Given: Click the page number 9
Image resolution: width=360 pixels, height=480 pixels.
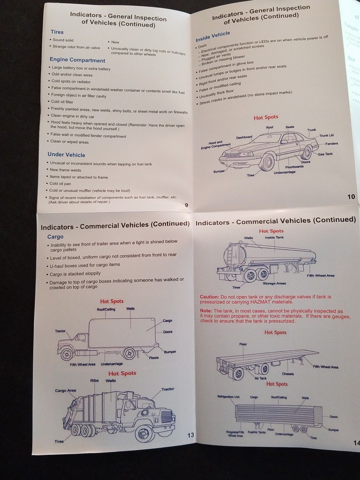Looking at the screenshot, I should [186, 205].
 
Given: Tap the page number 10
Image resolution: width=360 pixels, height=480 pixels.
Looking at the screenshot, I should [351, 197].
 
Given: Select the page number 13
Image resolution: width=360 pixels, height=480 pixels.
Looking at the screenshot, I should [190, 435].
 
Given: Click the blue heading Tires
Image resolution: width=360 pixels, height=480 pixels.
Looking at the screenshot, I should [57, 32].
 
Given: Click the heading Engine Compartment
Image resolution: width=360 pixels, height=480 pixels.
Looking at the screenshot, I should [77, 60].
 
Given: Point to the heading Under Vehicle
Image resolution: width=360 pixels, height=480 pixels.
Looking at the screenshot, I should [66, 155].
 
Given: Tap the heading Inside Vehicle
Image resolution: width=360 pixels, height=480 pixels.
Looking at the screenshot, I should [213, 37].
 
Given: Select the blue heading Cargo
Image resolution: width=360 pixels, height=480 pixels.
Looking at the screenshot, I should [55, 237].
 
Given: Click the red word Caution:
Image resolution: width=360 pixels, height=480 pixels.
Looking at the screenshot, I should [209, 297].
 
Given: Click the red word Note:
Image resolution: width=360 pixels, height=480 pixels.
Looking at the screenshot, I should [206, 311].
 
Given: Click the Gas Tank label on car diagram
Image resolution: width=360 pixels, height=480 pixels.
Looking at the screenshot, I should [325, 154].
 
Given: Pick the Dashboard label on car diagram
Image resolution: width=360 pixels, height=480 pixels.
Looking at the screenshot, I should [244, 137].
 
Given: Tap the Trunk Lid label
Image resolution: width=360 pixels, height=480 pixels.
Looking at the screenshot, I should [326, 135].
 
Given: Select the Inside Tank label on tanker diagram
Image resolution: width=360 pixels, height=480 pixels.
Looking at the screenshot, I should [274, 237].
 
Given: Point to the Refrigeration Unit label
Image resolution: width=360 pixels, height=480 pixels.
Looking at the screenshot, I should [228, 397].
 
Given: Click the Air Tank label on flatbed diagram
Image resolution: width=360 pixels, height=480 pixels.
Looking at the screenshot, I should [260, 378].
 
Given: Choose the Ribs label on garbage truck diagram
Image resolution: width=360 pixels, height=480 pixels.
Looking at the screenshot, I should [94, 380].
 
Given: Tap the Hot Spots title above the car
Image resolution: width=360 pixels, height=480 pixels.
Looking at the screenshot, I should [266, 117].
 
